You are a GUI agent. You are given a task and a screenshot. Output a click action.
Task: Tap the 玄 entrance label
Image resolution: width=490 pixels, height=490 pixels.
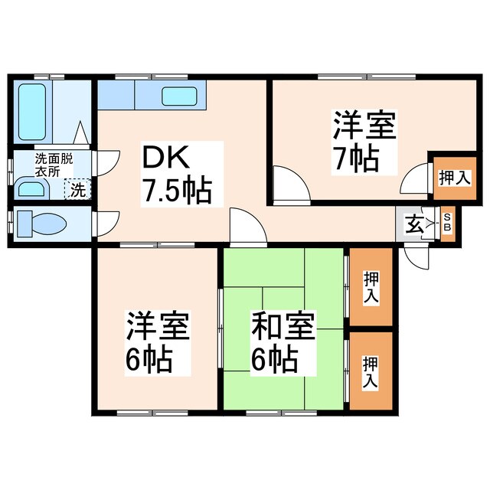(414, 225)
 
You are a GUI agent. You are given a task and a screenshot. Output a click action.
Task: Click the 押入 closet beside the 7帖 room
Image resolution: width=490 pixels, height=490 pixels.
(453, 178)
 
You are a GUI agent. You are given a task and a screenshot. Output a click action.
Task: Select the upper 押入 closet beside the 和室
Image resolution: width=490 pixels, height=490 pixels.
(371, 286)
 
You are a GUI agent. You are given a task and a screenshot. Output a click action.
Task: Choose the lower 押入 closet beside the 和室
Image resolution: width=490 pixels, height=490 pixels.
(371, 371)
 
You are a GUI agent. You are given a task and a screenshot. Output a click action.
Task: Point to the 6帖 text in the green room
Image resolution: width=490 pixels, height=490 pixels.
(273, 358)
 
